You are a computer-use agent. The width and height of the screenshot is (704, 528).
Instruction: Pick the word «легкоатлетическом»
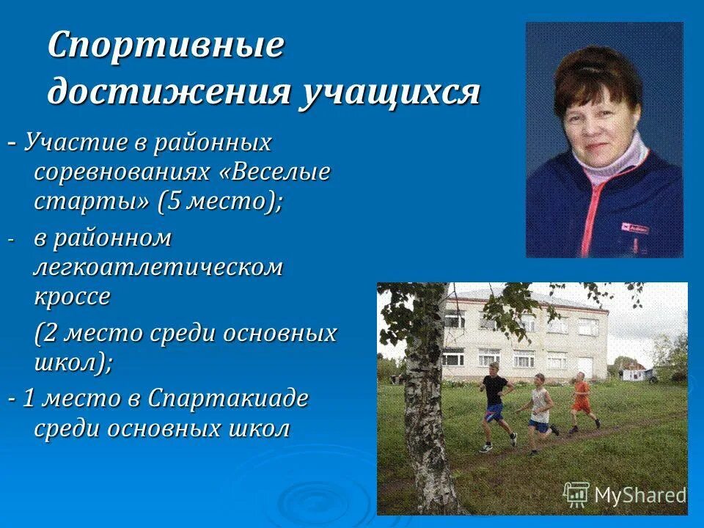[x=158, y=268]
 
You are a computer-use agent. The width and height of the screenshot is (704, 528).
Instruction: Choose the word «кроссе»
[x=72, y=296]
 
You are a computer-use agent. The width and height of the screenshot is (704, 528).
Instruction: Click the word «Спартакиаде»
[x=228, y=400]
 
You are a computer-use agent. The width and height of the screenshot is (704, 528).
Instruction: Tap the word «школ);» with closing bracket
[x=73, y=362]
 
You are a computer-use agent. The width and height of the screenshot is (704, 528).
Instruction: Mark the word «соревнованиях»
[x=122, y=173]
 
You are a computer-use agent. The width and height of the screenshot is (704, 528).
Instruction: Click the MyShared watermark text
[x=639, y=496]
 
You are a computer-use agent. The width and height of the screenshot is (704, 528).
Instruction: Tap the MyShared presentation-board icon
[x=576, y=495]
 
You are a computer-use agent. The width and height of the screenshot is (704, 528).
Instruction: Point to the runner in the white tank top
[x=540, y=407]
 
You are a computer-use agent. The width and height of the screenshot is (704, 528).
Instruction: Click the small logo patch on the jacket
[x=635, y=228]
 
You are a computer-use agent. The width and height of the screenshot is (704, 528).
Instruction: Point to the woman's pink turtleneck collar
[x=616, y=163]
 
